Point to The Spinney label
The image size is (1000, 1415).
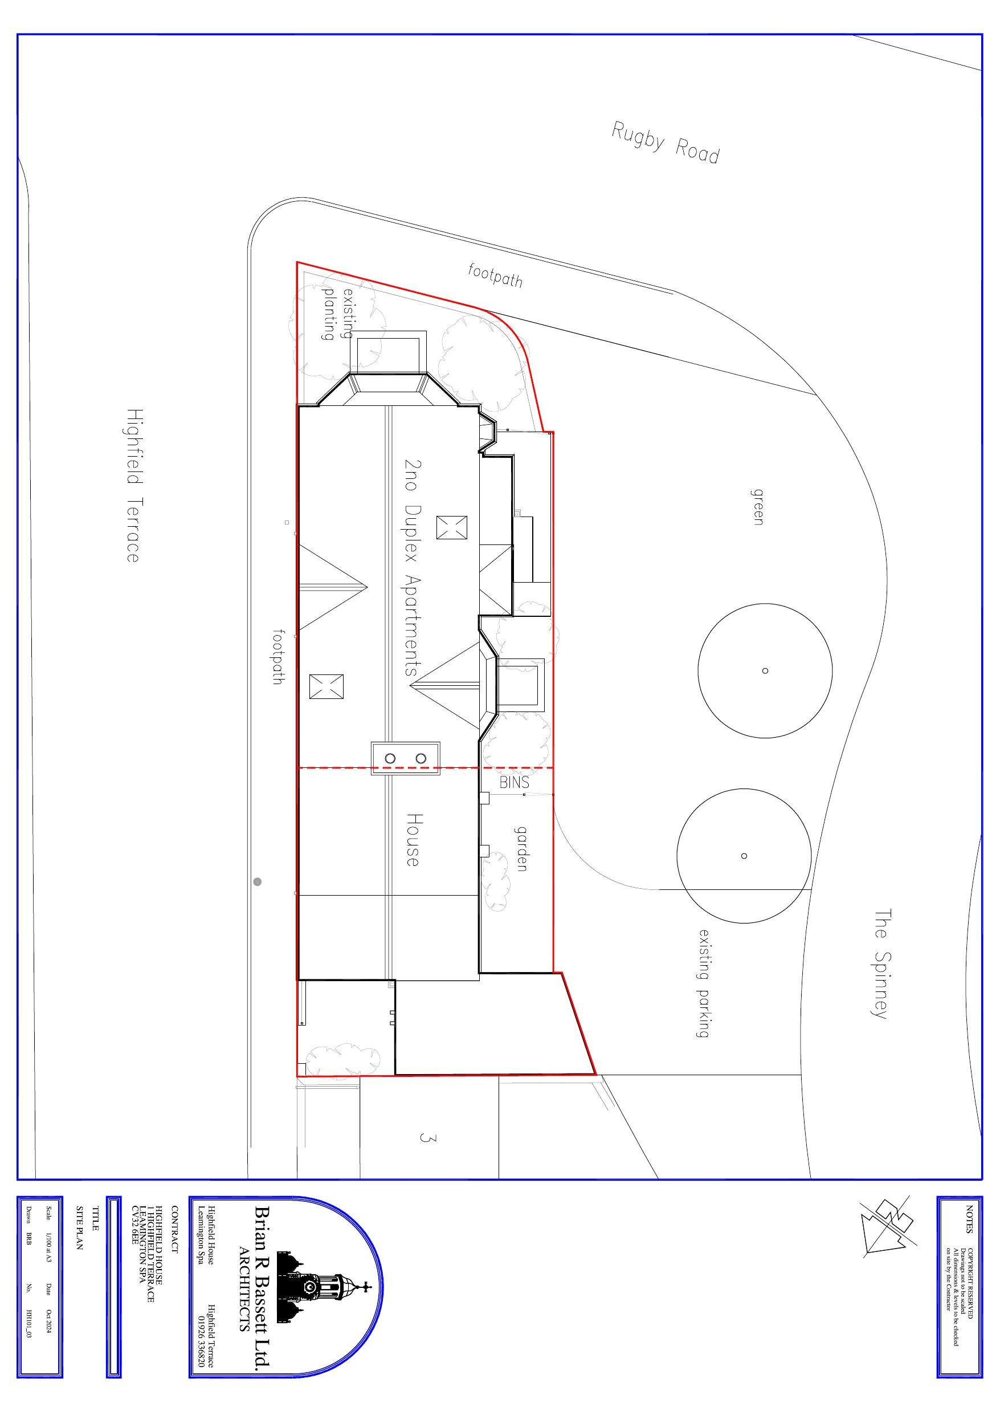tap(881, 965)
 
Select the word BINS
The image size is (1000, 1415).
tap(514, 782)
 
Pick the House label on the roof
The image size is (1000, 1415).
tap(413, 839)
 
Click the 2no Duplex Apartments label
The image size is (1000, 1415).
tap(411, 567)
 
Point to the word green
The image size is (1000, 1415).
tap(758, 507)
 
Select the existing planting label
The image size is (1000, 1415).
tap(338, 314)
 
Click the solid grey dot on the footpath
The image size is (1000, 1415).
tap(258, 882)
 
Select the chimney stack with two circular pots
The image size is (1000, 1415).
tap(405, 759)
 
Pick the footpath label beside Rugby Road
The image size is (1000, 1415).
tap(495, 275)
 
